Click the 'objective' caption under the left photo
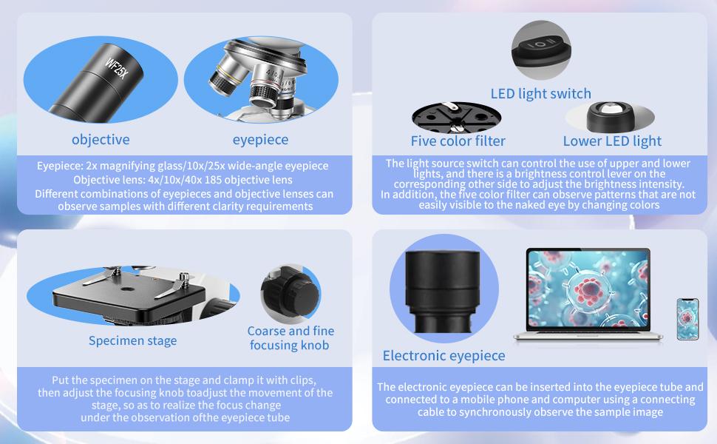(x=101, y=139)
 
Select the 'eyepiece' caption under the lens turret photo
(x=260, y=139)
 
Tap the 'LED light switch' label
(x=540, y=93)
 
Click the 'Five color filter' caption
(x=458, y=141)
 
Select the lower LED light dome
(x=611, y=115)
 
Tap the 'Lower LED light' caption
(x=612, y=141)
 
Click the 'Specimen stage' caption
(x=132, y=340)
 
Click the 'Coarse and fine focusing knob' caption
(x=290, y=338)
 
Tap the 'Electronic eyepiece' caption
(x=444, y=356)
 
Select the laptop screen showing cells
(x=588, y=290)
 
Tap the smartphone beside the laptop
(x=687, y=319)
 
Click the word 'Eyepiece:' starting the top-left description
(x=63, y=166)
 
